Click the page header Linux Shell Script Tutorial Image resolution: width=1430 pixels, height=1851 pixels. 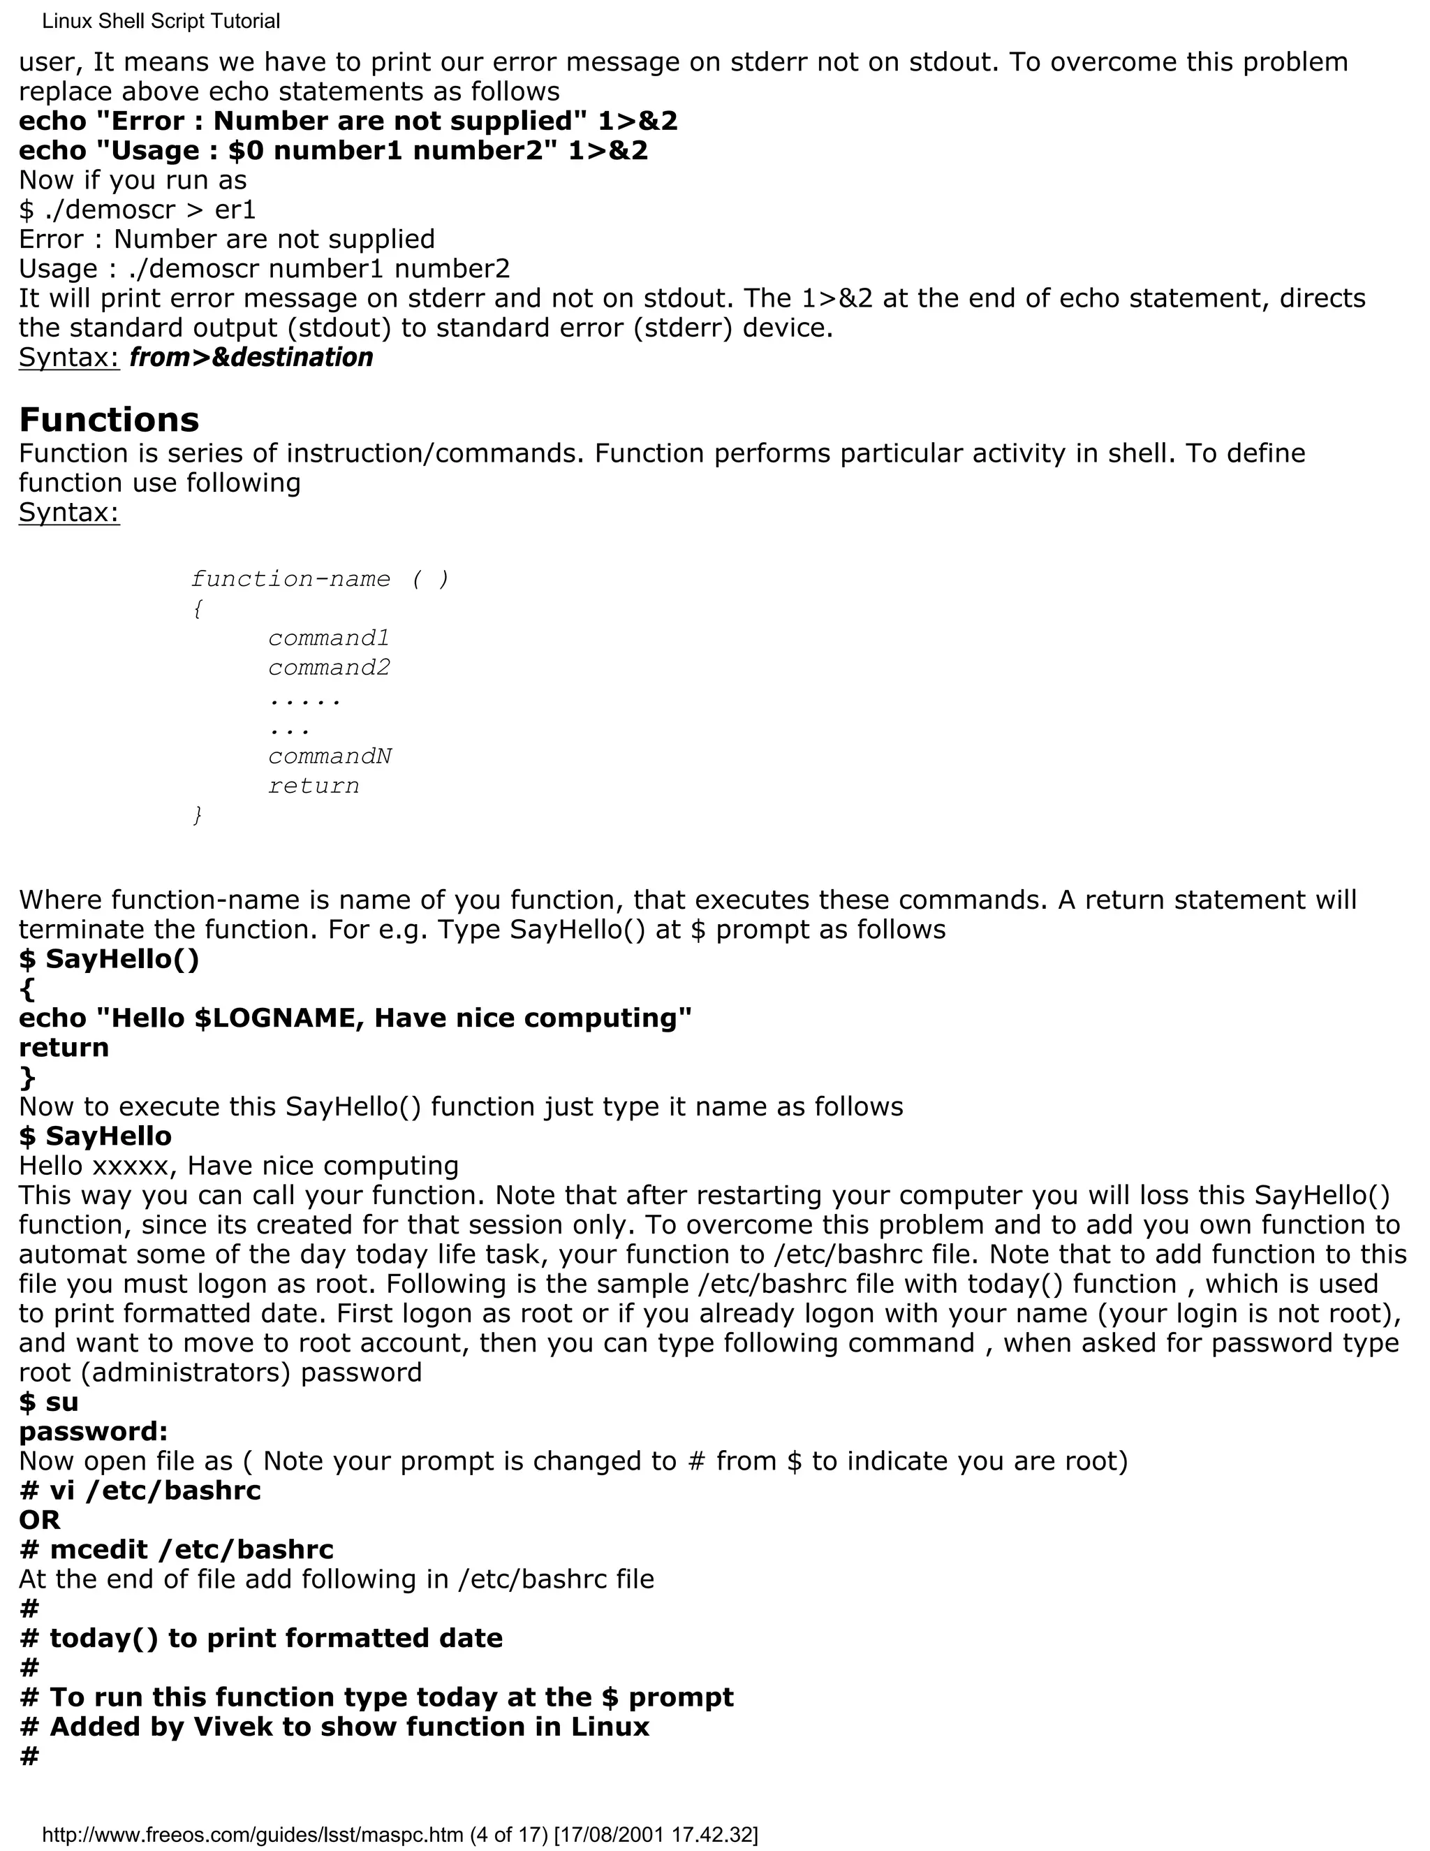point(161,21)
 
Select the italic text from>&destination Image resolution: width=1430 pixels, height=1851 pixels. point(251,358)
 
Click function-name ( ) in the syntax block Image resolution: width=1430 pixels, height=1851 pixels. point(319,580)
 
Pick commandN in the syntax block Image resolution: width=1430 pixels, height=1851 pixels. point(330,756)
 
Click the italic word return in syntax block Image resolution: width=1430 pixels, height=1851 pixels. point(314,786)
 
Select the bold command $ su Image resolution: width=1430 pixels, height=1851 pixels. point(48,1402)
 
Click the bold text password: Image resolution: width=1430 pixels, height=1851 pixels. point(93,1431)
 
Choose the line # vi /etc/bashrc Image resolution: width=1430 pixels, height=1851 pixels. point(140,1490)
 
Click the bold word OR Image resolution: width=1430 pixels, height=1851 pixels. point(39,1520)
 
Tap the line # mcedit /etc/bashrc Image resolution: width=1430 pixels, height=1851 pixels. point(176,1549)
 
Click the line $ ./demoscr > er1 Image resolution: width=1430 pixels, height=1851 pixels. point(138,210)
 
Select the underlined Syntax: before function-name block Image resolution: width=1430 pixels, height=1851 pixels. point(69,513)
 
